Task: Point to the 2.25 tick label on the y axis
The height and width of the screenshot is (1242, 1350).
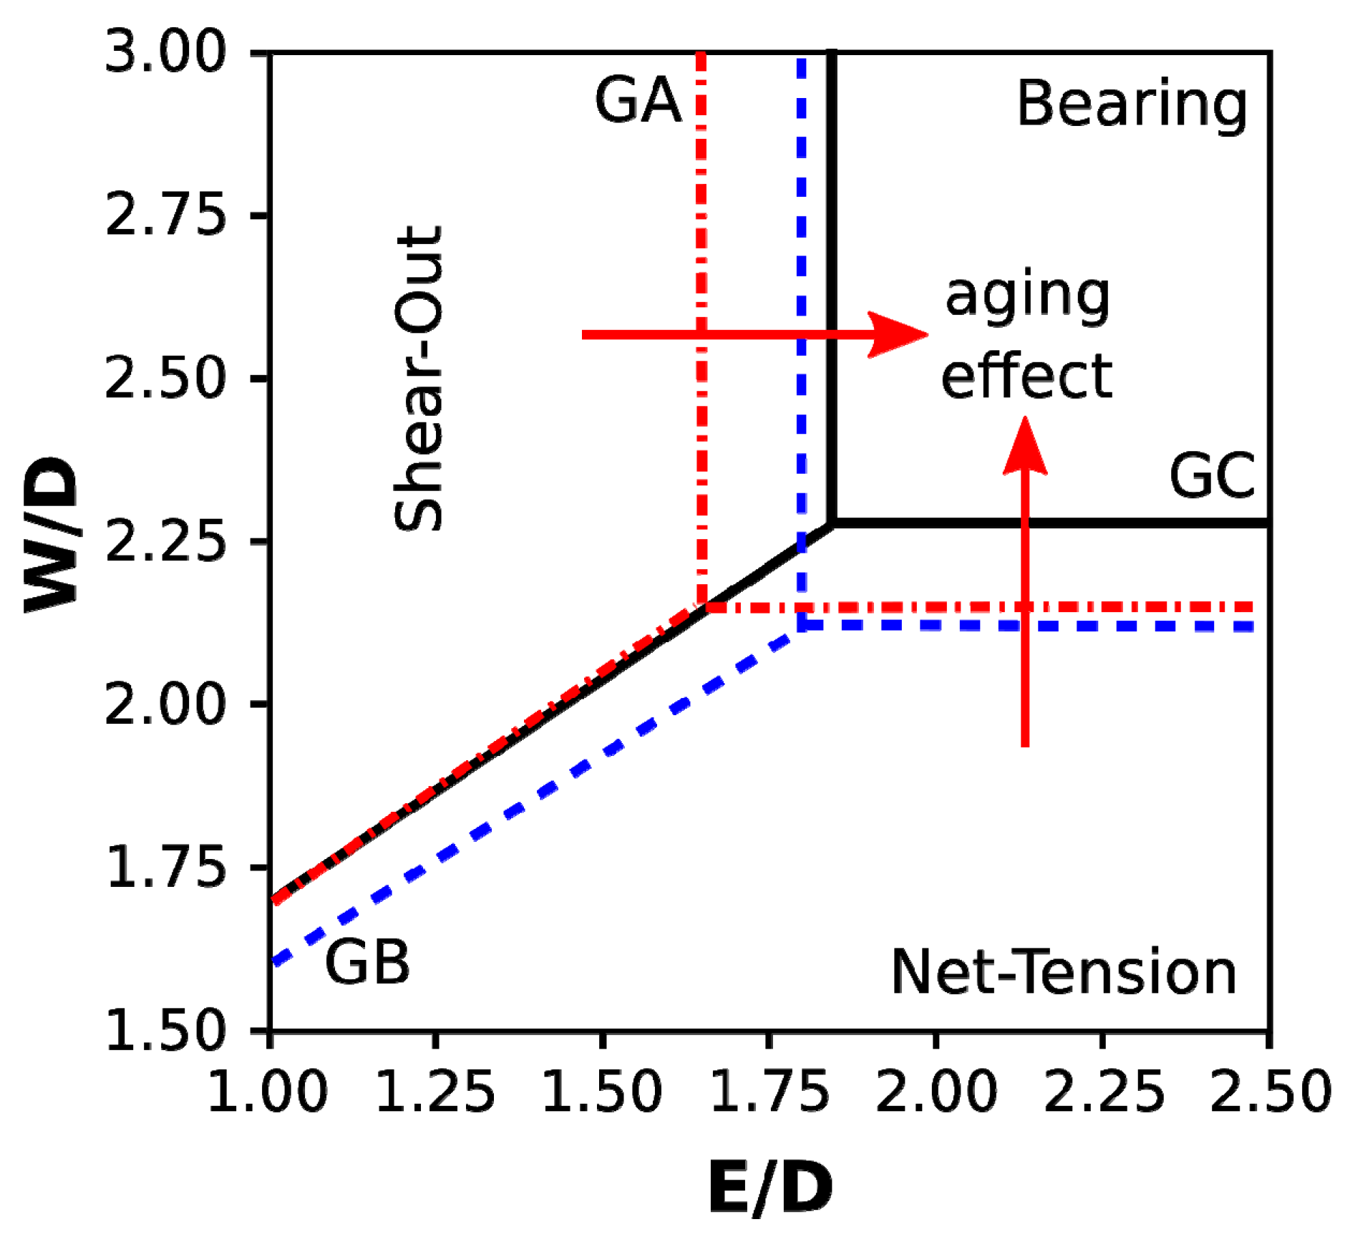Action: click(165, 541)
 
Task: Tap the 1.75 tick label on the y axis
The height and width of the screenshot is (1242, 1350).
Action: click(165, 868)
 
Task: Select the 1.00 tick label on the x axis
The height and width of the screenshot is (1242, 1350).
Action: click(268, 1092)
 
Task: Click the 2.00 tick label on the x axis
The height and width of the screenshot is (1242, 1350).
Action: click(936, 1092)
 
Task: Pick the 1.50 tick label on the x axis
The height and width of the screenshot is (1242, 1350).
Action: click(602, 1092)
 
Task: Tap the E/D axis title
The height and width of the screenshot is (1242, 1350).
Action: click(770, 1188)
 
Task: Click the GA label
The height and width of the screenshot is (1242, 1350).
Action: click(638, 101)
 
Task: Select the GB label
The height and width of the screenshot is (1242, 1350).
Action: click(367, 961)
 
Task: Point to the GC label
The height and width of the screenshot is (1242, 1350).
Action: click(1212, 476)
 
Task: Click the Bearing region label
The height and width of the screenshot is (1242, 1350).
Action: click(1132, 104)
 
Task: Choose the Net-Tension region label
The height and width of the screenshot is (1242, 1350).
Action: click(1064, 972)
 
